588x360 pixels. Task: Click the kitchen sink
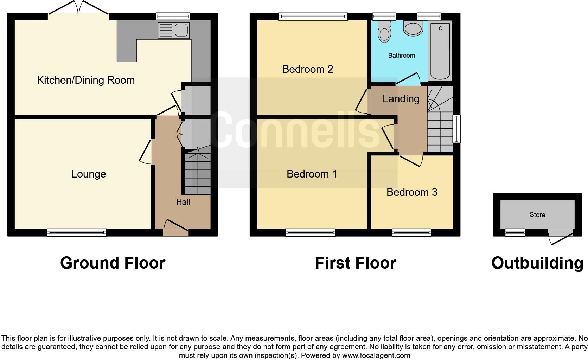click(174, 30)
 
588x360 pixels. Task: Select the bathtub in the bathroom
click(440, 51)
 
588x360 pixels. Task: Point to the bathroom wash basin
click(413, 28)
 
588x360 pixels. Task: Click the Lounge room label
click(89, 174)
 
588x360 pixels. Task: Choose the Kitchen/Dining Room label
click(86, 80)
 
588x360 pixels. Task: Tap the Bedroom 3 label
click(412, 192)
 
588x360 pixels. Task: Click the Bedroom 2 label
click(308, 69)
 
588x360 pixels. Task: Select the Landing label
click(401, 99)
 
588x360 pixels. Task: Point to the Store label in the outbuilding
click(537, 214)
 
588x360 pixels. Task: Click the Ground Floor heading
click(113, 263)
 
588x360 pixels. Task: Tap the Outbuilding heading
click(537, 263)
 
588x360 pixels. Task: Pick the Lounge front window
click(77, 232)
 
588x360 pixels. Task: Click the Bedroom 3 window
click(411, 232)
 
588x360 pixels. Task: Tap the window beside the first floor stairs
click(456, 129)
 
